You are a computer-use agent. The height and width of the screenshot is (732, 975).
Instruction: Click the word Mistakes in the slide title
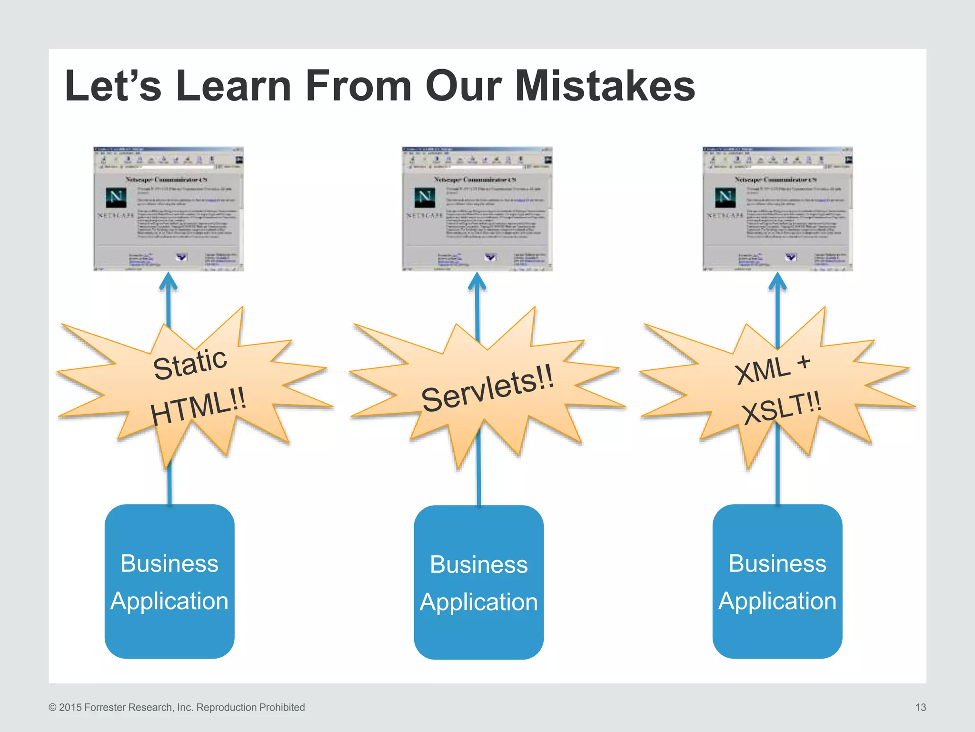(605, 86)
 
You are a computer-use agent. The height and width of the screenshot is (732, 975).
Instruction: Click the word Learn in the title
(233, 86)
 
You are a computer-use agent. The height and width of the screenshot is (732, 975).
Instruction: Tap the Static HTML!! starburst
(195, 386)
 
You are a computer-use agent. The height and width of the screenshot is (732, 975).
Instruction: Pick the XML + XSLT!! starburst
(778, 388)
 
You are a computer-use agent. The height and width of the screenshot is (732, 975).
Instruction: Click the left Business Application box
(169, 581)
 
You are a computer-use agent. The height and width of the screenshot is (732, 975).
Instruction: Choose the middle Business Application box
(478, 582)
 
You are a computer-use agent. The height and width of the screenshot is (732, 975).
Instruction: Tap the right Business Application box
(777, 581)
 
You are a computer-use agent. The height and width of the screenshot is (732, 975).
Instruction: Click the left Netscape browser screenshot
(169, 209)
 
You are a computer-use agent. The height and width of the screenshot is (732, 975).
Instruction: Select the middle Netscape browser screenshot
(477, 209)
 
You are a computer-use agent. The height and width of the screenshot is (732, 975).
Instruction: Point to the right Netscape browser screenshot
(777, 209)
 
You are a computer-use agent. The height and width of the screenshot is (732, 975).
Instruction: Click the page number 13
(920, 707)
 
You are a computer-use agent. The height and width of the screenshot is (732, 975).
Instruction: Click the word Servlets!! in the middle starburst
(487, 388)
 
